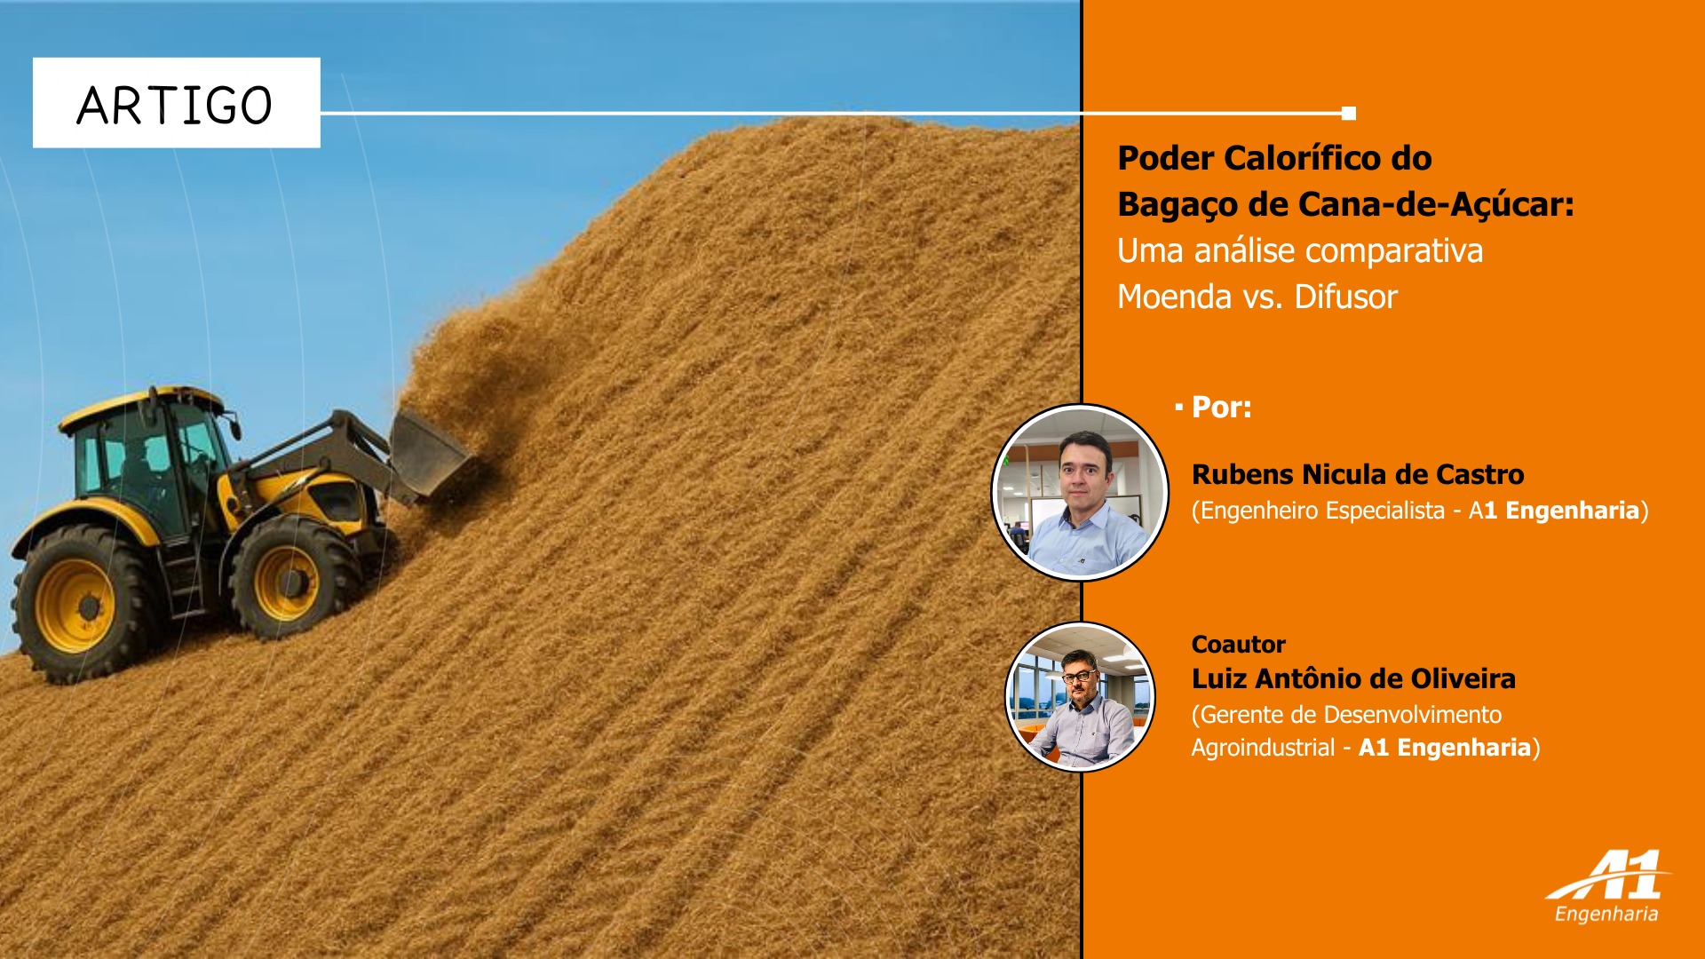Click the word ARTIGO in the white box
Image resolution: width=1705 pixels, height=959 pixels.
tap(174, 106)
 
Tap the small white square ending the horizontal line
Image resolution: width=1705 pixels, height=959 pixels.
tap(1349, 113)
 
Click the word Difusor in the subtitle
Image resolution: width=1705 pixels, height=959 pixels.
tap(1345, 297)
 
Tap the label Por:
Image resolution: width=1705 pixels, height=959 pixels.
tap(1221, 407)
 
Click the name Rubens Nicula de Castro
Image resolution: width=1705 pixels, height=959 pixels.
tap(1357, 474)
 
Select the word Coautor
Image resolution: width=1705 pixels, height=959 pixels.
tap(1238, 644)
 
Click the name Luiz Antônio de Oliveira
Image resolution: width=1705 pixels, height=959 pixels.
tap(1353, 678)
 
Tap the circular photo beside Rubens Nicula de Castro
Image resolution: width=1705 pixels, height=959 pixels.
tap(1080, 492)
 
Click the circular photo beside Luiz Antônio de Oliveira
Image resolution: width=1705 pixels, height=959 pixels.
tap(1080, 696)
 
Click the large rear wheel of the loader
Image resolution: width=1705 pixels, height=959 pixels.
tap(82, 605)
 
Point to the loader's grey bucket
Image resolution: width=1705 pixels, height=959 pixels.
tap(429, 453)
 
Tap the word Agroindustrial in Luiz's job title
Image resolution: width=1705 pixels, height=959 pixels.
tap(1263, 748)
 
